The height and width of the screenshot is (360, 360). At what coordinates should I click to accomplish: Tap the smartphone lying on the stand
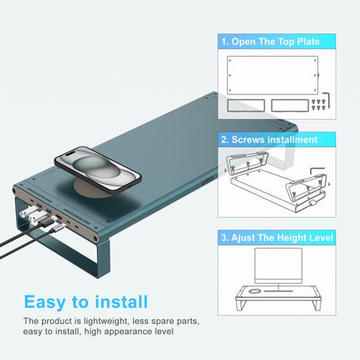(98, 170)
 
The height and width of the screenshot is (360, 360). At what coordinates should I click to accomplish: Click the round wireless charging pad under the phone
(93, 189)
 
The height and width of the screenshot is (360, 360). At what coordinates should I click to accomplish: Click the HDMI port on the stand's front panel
(59, 217)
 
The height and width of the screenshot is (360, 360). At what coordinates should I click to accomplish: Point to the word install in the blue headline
(121, 301)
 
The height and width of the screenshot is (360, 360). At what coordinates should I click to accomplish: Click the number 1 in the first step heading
(224, 42)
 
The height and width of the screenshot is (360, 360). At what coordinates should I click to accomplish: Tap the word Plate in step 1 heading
(308, 42)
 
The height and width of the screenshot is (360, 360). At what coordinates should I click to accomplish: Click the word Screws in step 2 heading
(247, 140)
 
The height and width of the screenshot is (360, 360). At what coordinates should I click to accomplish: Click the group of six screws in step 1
(318, 104)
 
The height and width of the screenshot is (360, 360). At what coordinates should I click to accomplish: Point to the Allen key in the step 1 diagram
(327, 100)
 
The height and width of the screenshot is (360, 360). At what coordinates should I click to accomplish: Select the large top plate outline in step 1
(272, 75)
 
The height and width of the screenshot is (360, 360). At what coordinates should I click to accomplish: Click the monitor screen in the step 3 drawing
(278, 265)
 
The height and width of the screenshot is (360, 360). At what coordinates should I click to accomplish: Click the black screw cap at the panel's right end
(96, 239)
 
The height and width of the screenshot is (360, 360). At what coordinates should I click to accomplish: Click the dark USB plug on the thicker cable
(45, 223)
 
